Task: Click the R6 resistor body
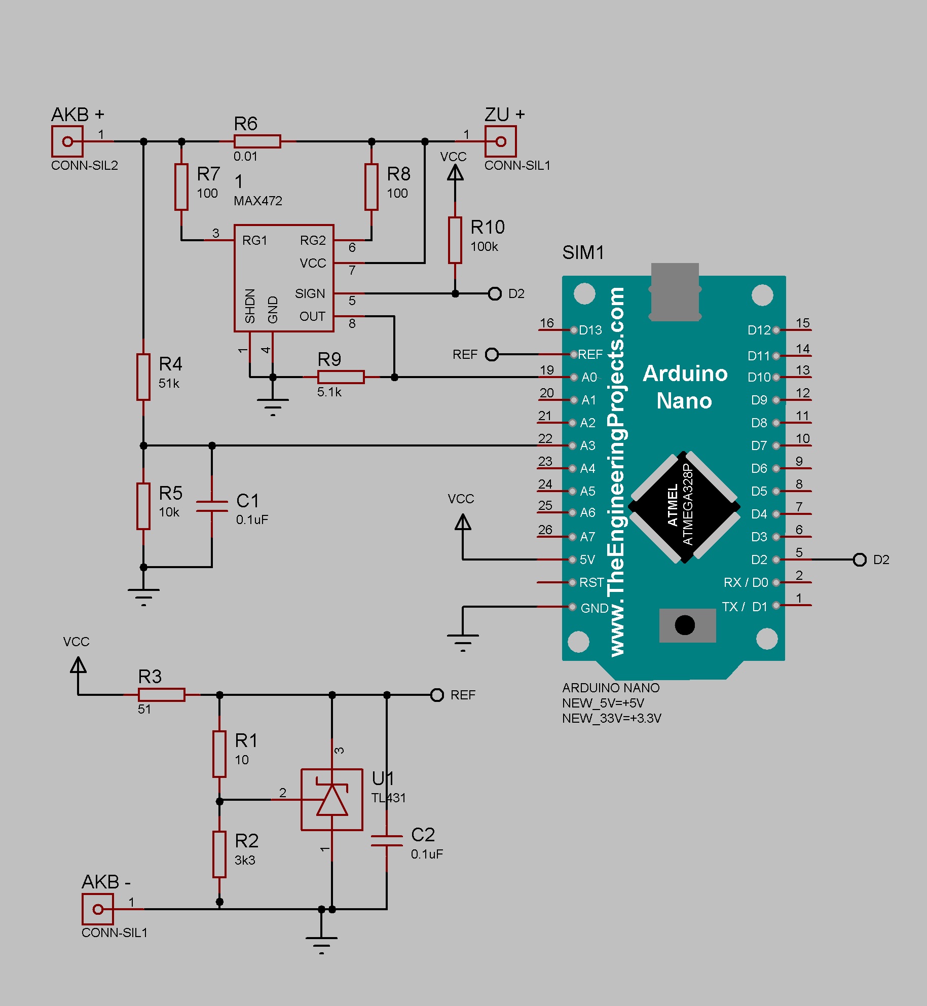pos(257,141)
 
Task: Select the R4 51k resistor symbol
pos(143,377)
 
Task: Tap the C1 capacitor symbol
pos(212,506)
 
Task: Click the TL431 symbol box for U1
pos(332,800)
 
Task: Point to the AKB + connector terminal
pos(67,141)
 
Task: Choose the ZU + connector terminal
pos(500,141)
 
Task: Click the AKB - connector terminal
pos(98,909)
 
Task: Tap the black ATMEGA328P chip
pos(684,507)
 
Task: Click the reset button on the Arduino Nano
pos(685,625)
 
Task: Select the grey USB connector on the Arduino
pos(675,291)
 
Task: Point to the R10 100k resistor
pos(455,240)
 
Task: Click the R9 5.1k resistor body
pos(341,377)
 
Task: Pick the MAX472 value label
pos(258,201)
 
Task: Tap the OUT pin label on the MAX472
pos(312,316)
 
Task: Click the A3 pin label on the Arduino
pos(587,445)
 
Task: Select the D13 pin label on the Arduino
pos(590,330)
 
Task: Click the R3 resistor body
pos(162,695)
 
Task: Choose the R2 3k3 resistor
pos(219,854)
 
